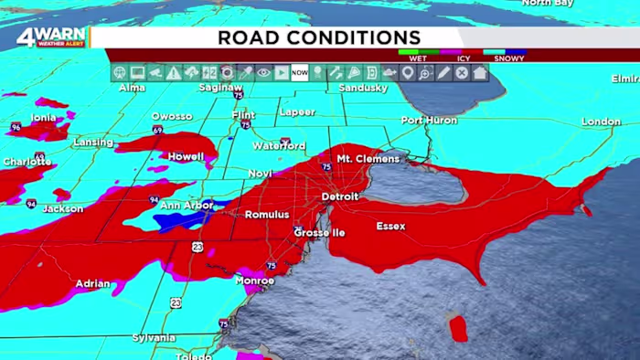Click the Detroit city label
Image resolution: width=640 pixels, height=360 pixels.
pyautogui.click(x=340, y=196)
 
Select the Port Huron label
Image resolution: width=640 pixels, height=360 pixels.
pyautogui.click(x=427, y=120)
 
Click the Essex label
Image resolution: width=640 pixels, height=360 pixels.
pyautogui.click(x=390, y=226)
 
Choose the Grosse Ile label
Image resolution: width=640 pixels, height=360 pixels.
pyautogui.click(x=319, y=233)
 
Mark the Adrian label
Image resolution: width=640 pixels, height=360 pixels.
pyautogui.click(x=92, y=284)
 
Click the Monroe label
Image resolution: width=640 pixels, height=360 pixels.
pyautogui.click(x=255, y=281)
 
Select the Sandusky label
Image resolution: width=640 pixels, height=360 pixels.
pyautogui.click(x=363, y=88)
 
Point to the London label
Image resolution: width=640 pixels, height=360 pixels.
pyautogui.click(x=601, y=122)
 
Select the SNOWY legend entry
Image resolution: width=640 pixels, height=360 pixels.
pyautogui.click(x=508, y=58)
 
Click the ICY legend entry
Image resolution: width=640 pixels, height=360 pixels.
pyautogui.click(x=464, y=58)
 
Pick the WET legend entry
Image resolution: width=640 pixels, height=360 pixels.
pyautogui.click(x=418, y=58)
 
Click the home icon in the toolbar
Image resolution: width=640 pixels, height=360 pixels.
pyautogui.click(x=480, y=73)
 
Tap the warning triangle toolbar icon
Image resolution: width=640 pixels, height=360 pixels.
pyautogui.click(x=174, y=73)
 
